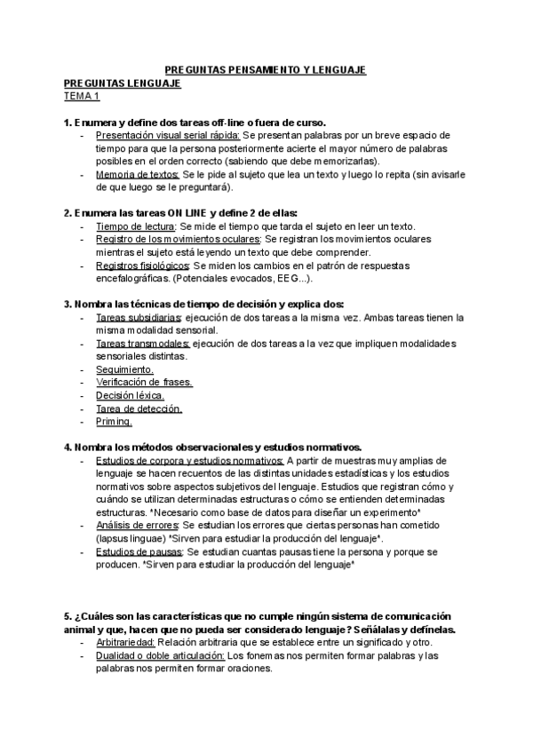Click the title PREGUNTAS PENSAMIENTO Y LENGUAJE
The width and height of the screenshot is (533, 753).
[x=266, y=70]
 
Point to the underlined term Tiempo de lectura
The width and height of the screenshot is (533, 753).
[x=135, y=226]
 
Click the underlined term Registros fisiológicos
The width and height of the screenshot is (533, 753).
[x=141, y=266]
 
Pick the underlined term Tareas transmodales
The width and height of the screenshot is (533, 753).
[x=141, y=343]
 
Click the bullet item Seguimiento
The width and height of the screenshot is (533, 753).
[x=124, y=369]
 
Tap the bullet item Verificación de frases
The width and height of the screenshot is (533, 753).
[x=144, y=383]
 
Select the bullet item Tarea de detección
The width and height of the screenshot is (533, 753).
[x=139, y=408]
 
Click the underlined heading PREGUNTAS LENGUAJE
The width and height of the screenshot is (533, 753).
[x=122, y=83]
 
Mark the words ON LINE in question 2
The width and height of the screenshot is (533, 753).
[x=189, y=213]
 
